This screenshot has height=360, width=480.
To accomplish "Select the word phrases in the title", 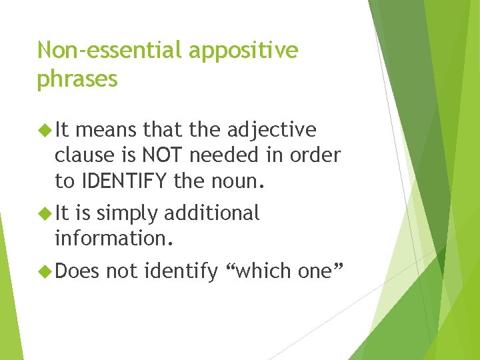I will point(77,80).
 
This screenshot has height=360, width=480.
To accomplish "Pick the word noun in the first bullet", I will point(241,180).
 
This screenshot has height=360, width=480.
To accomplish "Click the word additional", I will point(211,213).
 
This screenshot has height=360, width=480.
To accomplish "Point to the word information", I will point(114,238).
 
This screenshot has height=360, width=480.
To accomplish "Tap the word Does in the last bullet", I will point(77,271).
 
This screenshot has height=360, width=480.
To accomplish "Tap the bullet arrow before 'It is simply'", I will point(45,213).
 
